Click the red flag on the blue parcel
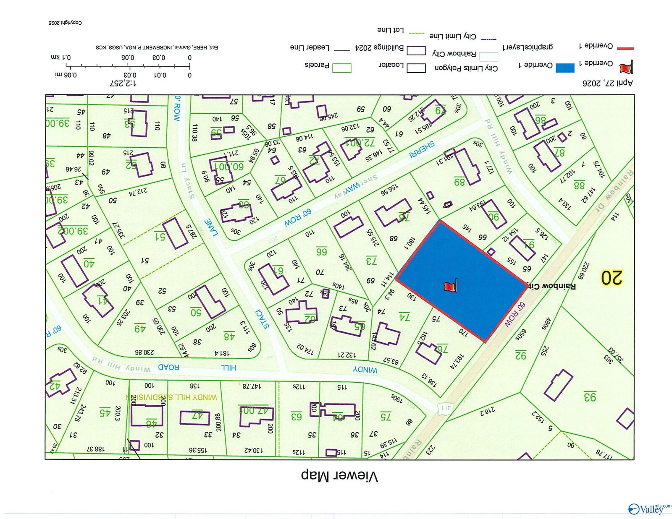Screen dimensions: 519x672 tap(450, 287)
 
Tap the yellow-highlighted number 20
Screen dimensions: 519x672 tap(611, 278)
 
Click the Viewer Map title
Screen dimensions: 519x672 tap(339, 476)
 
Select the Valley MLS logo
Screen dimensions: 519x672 tap(649, 509)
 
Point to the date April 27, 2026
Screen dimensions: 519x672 tap(607, 83)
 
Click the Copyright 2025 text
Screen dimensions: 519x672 tap(65, 23)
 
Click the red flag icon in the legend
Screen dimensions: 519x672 tap(626, 67)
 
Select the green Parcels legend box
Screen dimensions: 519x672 tap(341, 68)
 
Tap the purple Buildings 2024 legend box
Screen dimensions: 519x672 tap(416, 50)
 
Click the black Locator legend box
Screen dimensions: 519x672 tap(416, 68)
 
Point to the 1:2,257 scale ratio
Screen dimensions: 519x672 tap(123, 83)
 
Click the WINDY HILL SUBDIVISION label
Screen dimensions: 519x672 tap(171, 397)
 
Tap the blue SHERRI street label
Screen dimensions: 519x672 tap(422, 150)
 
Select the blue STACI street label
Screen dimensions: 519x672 tap(263, 319)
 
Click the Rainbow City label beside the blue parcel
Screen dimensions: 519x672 tap(551, 286)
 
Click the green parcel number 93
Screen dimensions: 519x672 tap(590, 396)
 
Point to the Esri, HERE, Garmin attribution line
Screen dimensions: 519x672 tap(157, 47)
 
